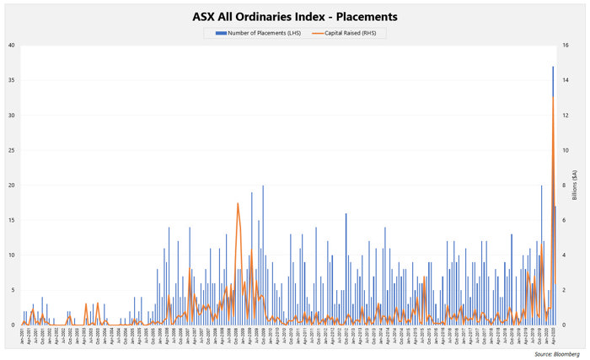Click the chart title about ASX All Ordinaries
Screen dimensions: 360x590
tap(295, 16)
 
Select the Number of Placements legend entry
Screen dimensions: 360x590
tap(252, 33)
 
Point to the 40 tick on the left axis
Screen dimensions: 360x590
tap(9, 45)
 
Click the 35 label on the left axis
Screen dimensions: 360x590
tap(9, 80)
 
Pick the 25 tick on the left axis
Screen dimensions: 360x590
tap(9, 150)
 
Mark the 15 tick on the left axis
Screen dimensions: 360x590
tap(9, 220)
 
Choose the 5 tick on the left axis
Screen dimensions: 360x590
tap(11, 290)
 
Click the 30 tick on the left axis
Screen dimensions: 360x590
tap(9, 115)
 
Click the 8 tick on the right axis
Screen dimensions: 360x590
tap(566, 185)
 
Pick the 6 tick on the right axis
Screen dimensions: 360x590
tap(566, 220)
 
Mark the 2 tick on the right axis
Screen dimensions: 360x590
tap(566, 290)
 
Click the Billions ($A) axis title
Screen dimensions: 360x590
tap(577, 185)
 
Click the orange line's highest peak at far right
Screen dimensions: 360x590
tap(553, 98)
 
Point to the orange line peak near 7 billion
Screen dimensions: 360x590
tap(238, 203)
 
